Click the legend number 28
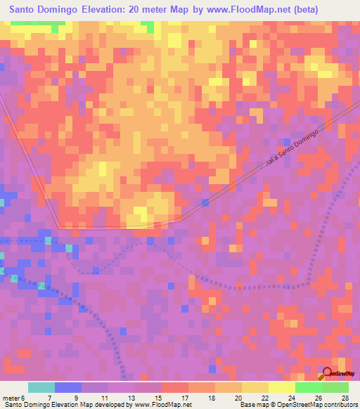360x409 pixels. click(x=345, y=398)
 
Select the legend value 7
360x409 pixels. click(x=49, y=398)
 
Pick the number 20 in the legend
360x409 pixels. click(x=238, y=398)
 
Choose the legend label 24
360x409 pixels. click(x=292, y=398)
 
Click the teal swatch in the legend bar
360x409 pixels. click(x=41, y=387)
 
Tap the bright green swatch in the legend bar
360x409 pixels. click(x=308, y=387)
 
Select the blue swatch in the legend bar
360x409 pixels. click(x=68, y=387)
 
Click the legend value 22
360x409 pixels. click(x=265, y=398)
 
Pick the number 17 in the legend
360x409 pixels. click(x=185, y=398)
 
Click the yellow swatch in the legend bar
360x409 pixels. click(x=255, y=387)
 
